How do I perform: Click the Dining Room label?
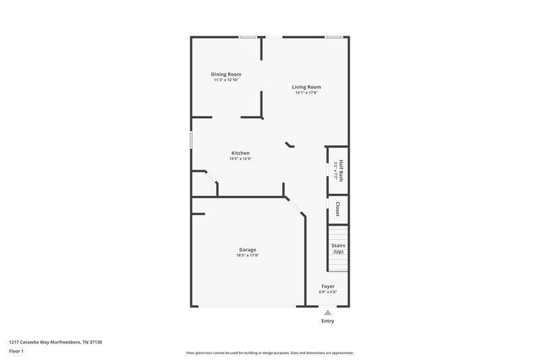click(226, 74)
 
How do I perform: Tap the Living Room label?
click(306, 86)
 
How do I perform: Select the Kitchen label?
click(241, 153)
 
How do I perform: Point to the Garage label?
click(247, 249)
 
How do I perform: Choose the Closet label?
click(337, 208)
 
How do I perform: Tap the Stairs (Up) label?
click(337, 249)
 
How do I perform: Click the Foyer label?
click(328, 286)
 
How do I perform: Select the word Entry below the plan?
click(327, 321)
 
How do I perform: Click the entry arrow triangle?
click(327, 312)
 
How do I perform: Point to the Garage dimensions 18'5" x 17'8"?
click(247, 255)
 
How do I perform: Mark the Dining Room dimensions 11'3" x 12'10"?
click(226, 80)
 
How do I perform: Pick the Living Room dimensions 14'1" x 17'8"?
click(306, 93)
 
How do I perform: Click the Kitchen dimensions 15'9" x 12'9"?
click(241, 159)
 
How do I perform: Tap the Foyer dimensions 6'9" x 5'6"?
click(328, 292)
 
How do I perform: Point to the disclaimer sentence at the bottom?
click(270, 353)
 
